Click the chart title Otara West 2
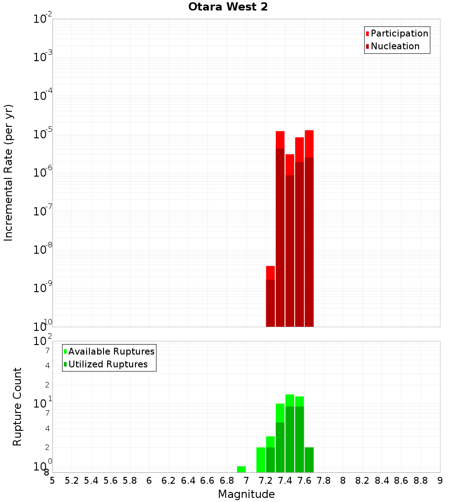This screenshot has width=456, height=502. (x=228, y=7)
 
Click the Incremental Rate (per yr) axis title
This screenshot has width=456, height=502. (x=9, y=173)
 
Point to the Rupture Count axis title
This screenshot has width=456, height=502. (x=17, y=407)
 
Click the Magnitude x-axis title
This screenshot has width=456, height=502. (x=246, y=494)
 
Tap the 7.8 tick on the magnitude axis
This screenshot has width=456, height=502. (x=324, y=481)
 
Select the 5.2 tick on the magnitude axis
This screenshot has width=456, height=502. (x=72, y=481)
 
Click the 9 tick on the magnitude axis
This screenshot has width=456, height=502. (x=440, y=481)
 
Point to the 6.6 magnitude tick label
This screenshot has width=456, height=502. (x=207, y=481)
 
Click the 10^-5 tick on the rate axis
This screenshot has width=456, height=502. (x=43, y=135)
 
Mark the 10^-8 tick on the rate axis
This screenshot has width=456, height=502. (x=43, y=250)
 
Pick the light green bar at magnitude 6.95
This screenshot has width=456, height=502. (x=241, y=469)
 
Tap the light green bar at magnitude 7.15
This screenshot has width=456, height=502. (x=261, y=460)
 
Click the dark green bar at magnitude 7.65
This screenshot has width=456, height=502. (x=309, y=460)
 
